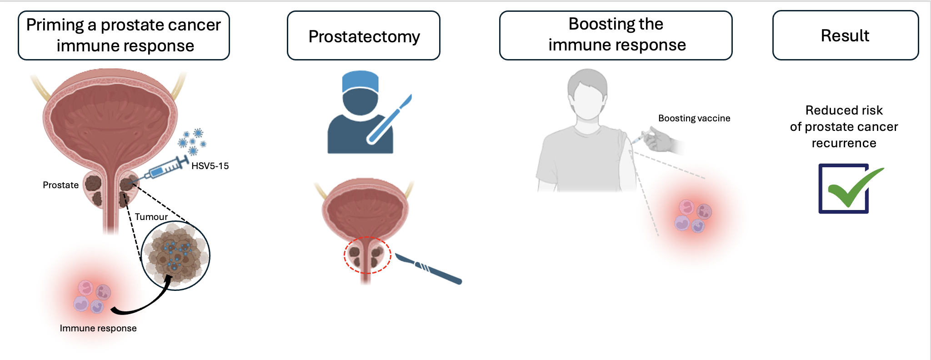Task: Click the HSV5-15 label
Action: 210,166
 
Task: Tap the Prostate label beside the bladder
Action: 60,185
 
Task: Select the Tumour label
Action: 151,217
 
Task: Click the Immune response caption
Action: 98,328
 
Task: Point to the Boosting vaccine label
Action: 694,118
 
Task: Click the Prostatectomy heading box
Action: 364,35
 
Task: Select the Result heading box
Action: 846,35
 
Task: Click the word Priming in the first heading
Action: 55,25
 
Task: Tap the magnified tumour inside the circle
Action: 175,255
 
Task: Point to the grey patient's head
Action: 587,94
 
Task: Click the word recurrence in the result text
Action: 844,143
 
